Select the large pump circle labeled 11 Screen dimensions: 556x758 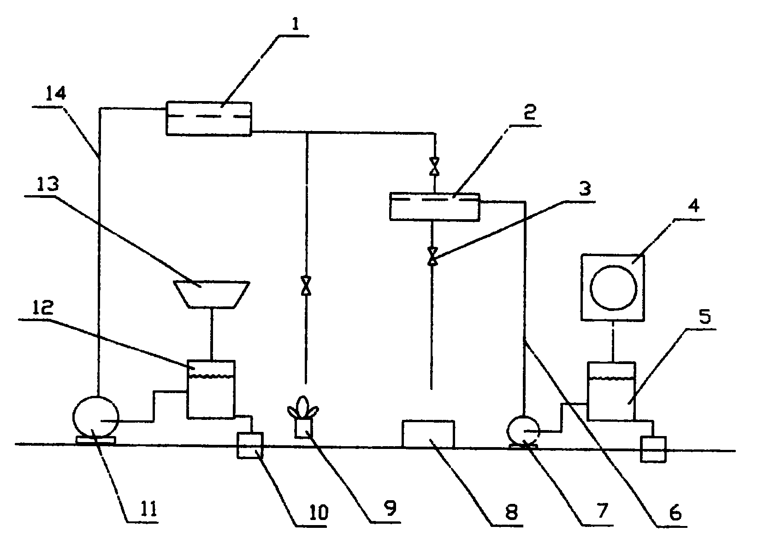click(96, 417)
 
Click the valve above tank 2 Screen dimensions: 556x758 click(434, 166)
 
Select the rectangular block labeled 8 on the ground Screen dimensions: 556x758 click(428, 433)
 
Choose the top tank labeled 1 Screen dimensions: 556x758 click(208, 118)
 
